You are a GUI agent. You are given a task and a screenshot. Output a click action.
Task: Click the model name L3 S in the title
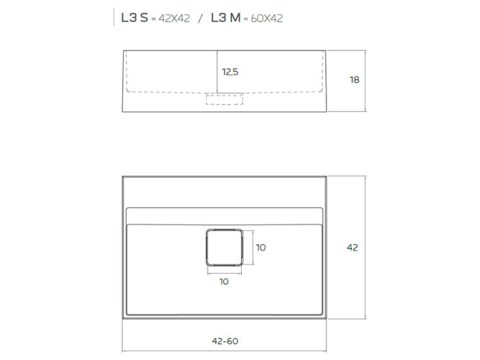(135, 18)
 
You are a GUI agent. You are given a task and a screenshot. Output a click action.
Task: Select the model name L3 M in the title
(225, 18)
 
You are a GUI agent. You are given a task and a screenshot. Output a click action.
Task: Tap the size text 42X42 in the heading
(173, 19)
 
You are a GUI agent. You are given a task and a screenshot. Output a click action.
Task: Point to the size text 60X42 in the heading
(266, 19)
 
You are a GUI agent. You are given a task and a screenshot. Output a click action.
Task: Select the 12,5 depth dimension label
(230, 71)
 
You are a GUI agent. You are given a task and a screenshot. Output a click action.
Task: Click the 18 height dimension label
(353, 80)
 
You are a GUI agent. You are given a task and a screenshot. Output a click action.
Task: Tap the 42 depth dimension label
(352, 247)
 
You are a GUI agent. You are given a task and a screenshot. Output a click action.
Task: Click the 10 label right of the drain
(261, 247)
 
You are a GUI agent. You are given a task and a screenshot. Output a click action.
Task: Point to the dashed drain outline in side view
(224, 99)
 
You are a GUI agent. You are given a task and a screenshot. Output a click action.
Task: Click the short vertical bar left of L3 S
(114, 18)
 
